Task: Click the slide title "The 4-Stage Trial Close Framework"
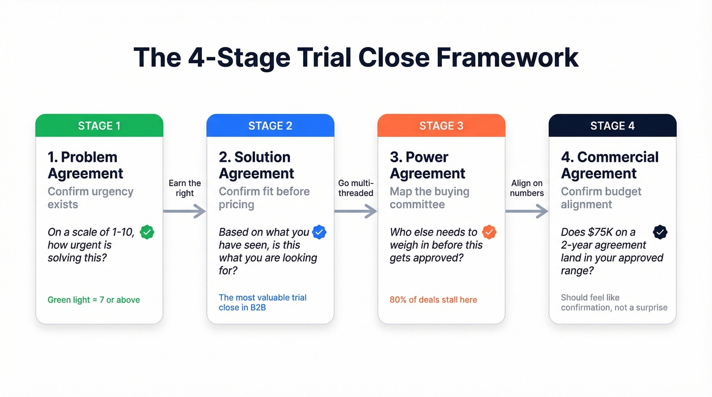click(355, 57)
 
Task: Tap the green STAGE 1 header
click(99, 126)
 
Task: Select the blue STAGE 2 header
click(270, 126)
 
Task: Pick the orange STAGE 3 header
click(441, 126)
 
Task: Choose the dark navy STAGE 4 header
click(612, 126)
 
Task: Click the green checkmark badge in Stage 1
click(147, 232)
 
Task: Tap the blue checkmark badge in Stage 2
click(319, 232)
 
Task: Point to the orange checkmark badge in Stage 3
click(489, 232)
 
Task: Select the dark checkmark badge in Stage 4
click(660, 232)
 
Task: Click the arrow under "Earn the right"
click(184, 211)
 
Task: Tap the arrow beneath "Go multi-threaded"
click(355, 211)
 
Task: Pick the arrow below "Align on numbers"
click(526, 211)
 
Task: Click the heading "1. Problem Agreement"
click(85, 165)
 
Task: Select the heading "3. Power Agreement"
click(427, 165)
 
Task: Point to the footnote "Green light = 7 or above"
click(94, 300)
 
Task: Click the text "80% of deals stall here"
click(433, 300)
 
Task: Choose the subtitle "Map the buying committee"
click(430, 198)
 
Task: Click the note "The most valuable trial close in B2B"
click(262, 302)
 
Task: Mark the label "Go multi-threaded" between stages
click(355, 188)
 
